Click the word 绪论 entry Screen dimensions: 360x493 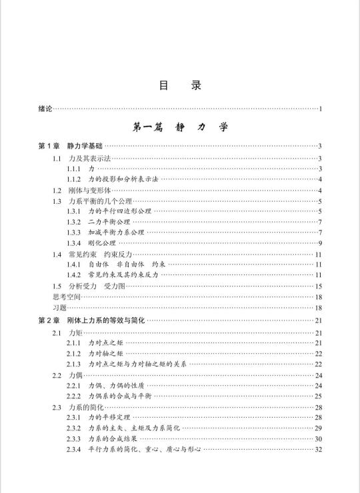pos(45,109)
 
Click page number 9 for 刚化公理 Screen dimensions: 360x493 pos(321,243)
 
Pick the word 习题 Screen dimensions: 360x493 pos(45,307)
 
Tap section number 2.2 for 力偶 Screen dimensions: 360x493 pos(57,375)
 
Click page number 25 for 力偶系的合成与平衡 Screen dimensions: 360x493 pos(319,396)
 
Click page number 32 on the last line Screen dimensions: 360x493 pos(319,450)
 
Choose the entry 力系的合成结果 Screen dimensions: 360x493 pos(114,439)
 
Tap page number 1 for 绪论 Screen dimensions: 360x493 pos(321,109)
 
